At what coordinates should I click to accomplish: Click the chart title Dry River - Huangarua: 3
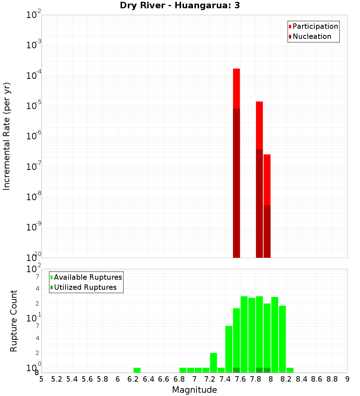click(x=180, y=5)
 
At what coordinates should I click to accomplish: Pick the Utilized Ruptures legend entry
click(x=85, y=287)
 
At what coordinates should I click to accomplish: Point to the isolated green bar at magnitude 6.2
click(x=137, y=370)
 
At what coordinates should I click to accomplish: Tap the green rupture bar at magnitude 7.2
click(x=213, y=362)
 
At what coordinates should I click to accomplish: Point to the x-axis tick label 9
click(x=347, y=379)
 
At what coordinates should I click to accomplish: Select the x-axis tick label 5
click(x=41, y=379)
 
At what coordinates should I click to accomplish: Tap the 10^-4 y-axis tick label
click(x=34, y=76)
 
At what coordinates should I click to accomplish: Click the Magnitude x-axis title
click(x=194, y=390)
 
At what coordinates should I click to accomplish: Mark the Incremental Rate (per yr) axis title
click(x=6, y=136)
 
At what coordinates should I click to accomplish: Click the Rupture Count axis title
click(x=14, y=321)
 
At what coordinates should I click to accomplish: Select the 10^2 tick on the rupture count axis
click(x=34, y=269)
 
